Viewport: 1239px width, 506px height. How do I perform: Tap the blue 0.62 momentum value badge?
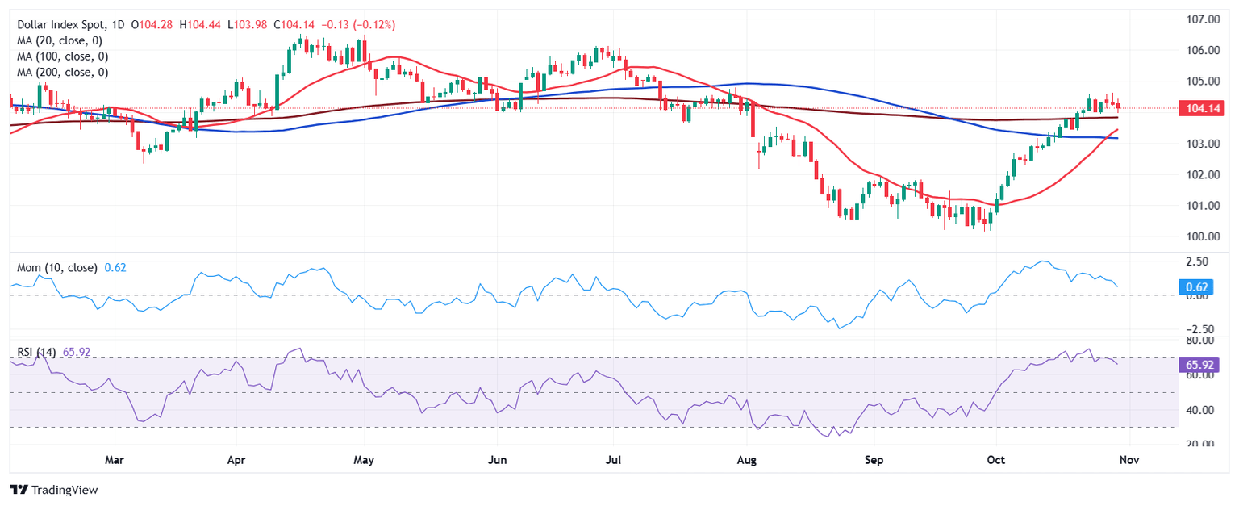pos(1197,286)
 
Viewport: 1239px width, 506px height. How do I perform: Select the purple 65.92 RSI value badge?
pos(1198,365)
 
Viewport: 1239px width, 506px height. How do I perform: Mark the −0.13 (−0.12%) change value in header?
pos(359,25)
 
